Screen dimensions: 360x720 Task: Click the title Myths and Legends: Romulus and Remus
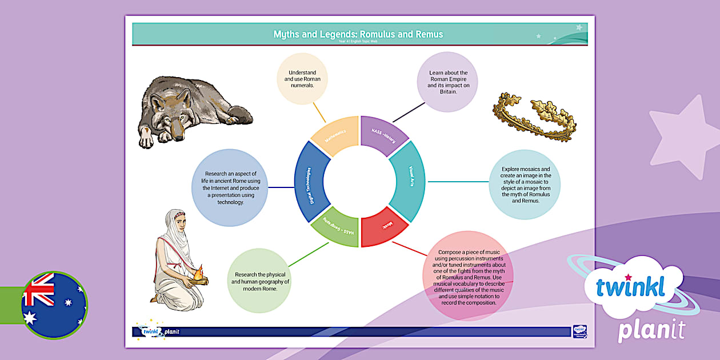[x=358, y=34]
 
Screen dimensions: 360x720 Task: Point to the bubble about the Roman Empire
[x=449, y=82]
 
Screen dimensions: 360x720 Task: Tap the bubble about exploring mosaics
[x=525, y=185]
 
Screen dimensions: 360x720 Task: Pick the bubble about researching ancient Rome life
[x=230, y=187]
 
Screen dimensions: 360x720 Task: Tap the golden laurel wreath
[x=534, y=117]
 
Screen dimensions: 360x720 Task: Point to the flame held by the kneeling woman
[x=198, y=274]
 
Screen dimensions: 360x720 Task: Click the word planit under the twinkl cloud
[x=651, y=331]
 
